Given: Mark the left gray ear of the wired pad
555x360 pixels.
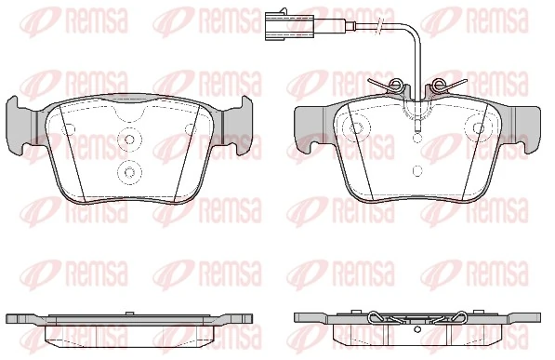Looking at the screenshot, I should tap(306, 129).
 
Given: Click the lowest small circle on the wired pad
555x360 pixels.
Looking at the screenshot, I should tap(416, 171).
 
